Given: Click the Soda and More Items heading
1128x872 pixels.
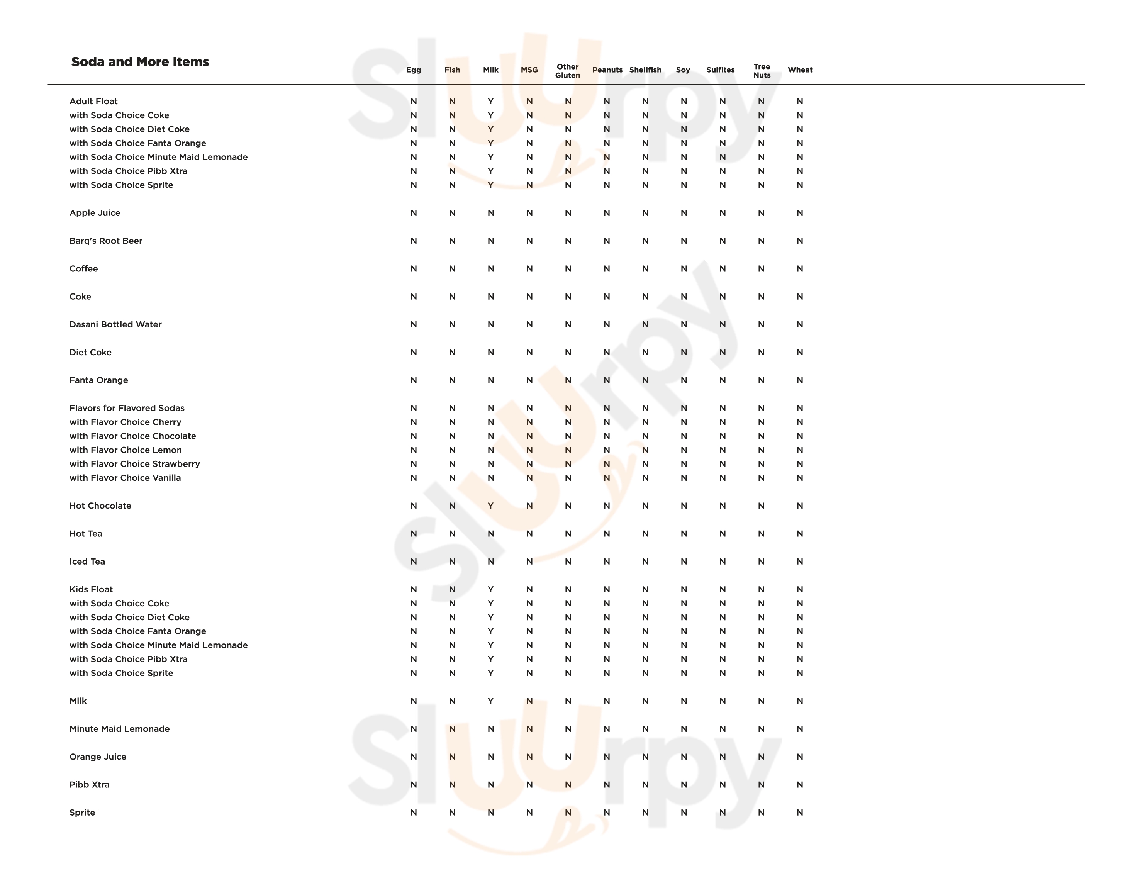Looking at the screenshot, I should (140, 62).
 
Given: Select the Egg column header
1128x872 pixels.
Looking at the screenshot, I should (413, 70).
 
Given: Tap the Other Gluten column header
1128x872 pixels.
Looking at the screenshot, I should (568, 71).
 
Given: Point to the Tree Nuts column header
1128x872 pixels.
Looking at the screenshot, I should (761, 71).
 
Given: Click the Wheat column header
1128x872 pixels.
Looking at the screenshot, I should (799, 70).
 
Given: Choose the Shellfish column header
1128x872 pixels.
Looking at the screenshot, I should (645, 70).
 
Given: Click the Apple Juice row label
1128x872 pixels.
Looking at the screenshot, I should (95, 213).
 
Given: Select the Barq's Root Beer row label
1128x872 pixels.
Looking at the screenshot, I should (106, 241).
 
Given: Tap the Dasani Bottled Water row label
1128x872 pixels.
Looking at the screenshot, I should (115, 324).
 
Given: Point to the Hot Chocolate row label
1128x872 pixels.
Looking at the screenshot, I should (100, 506).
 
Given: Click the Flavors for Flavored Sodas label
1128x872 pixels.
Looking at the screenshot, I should (127, 408).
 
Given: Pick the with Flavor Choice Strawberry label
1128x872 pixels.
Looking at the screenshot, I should (134, 464).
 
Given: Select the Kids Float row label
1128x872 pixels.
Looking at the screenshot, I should (91, 589).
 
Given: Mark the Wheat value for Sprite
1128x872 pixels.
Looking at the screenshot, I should (799, 813).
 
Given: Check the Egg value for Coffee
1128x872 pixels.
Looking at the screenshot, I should (413, 269).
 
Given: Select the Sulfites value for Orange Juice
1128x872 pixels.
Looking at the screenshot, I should (723, 757).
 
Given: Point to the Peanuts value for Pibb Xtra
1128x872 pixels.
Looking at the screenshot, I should (606, 785).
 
